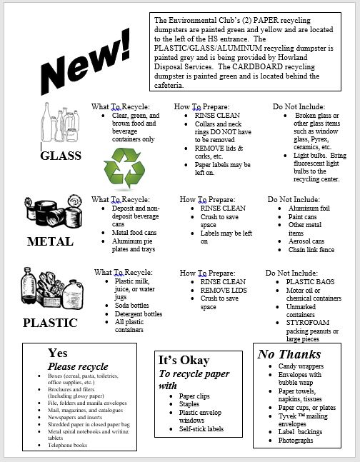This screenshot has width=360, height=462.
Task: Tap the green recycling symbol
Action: pyautogui.click(x=124, y=169)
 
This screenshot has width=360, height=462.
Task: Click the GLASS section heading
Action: pyautogui.click(x=61, y=156)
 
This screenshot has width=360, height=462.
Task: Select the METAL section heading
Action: pyautogui.click(x=50, y=241)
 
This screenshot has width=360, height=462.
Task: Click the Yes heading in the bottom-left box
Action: pyautogui.click(x=58, y=353)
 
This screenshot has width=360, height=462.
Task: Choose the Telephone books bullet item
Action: pyautogui.click(x=67, y=444)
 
